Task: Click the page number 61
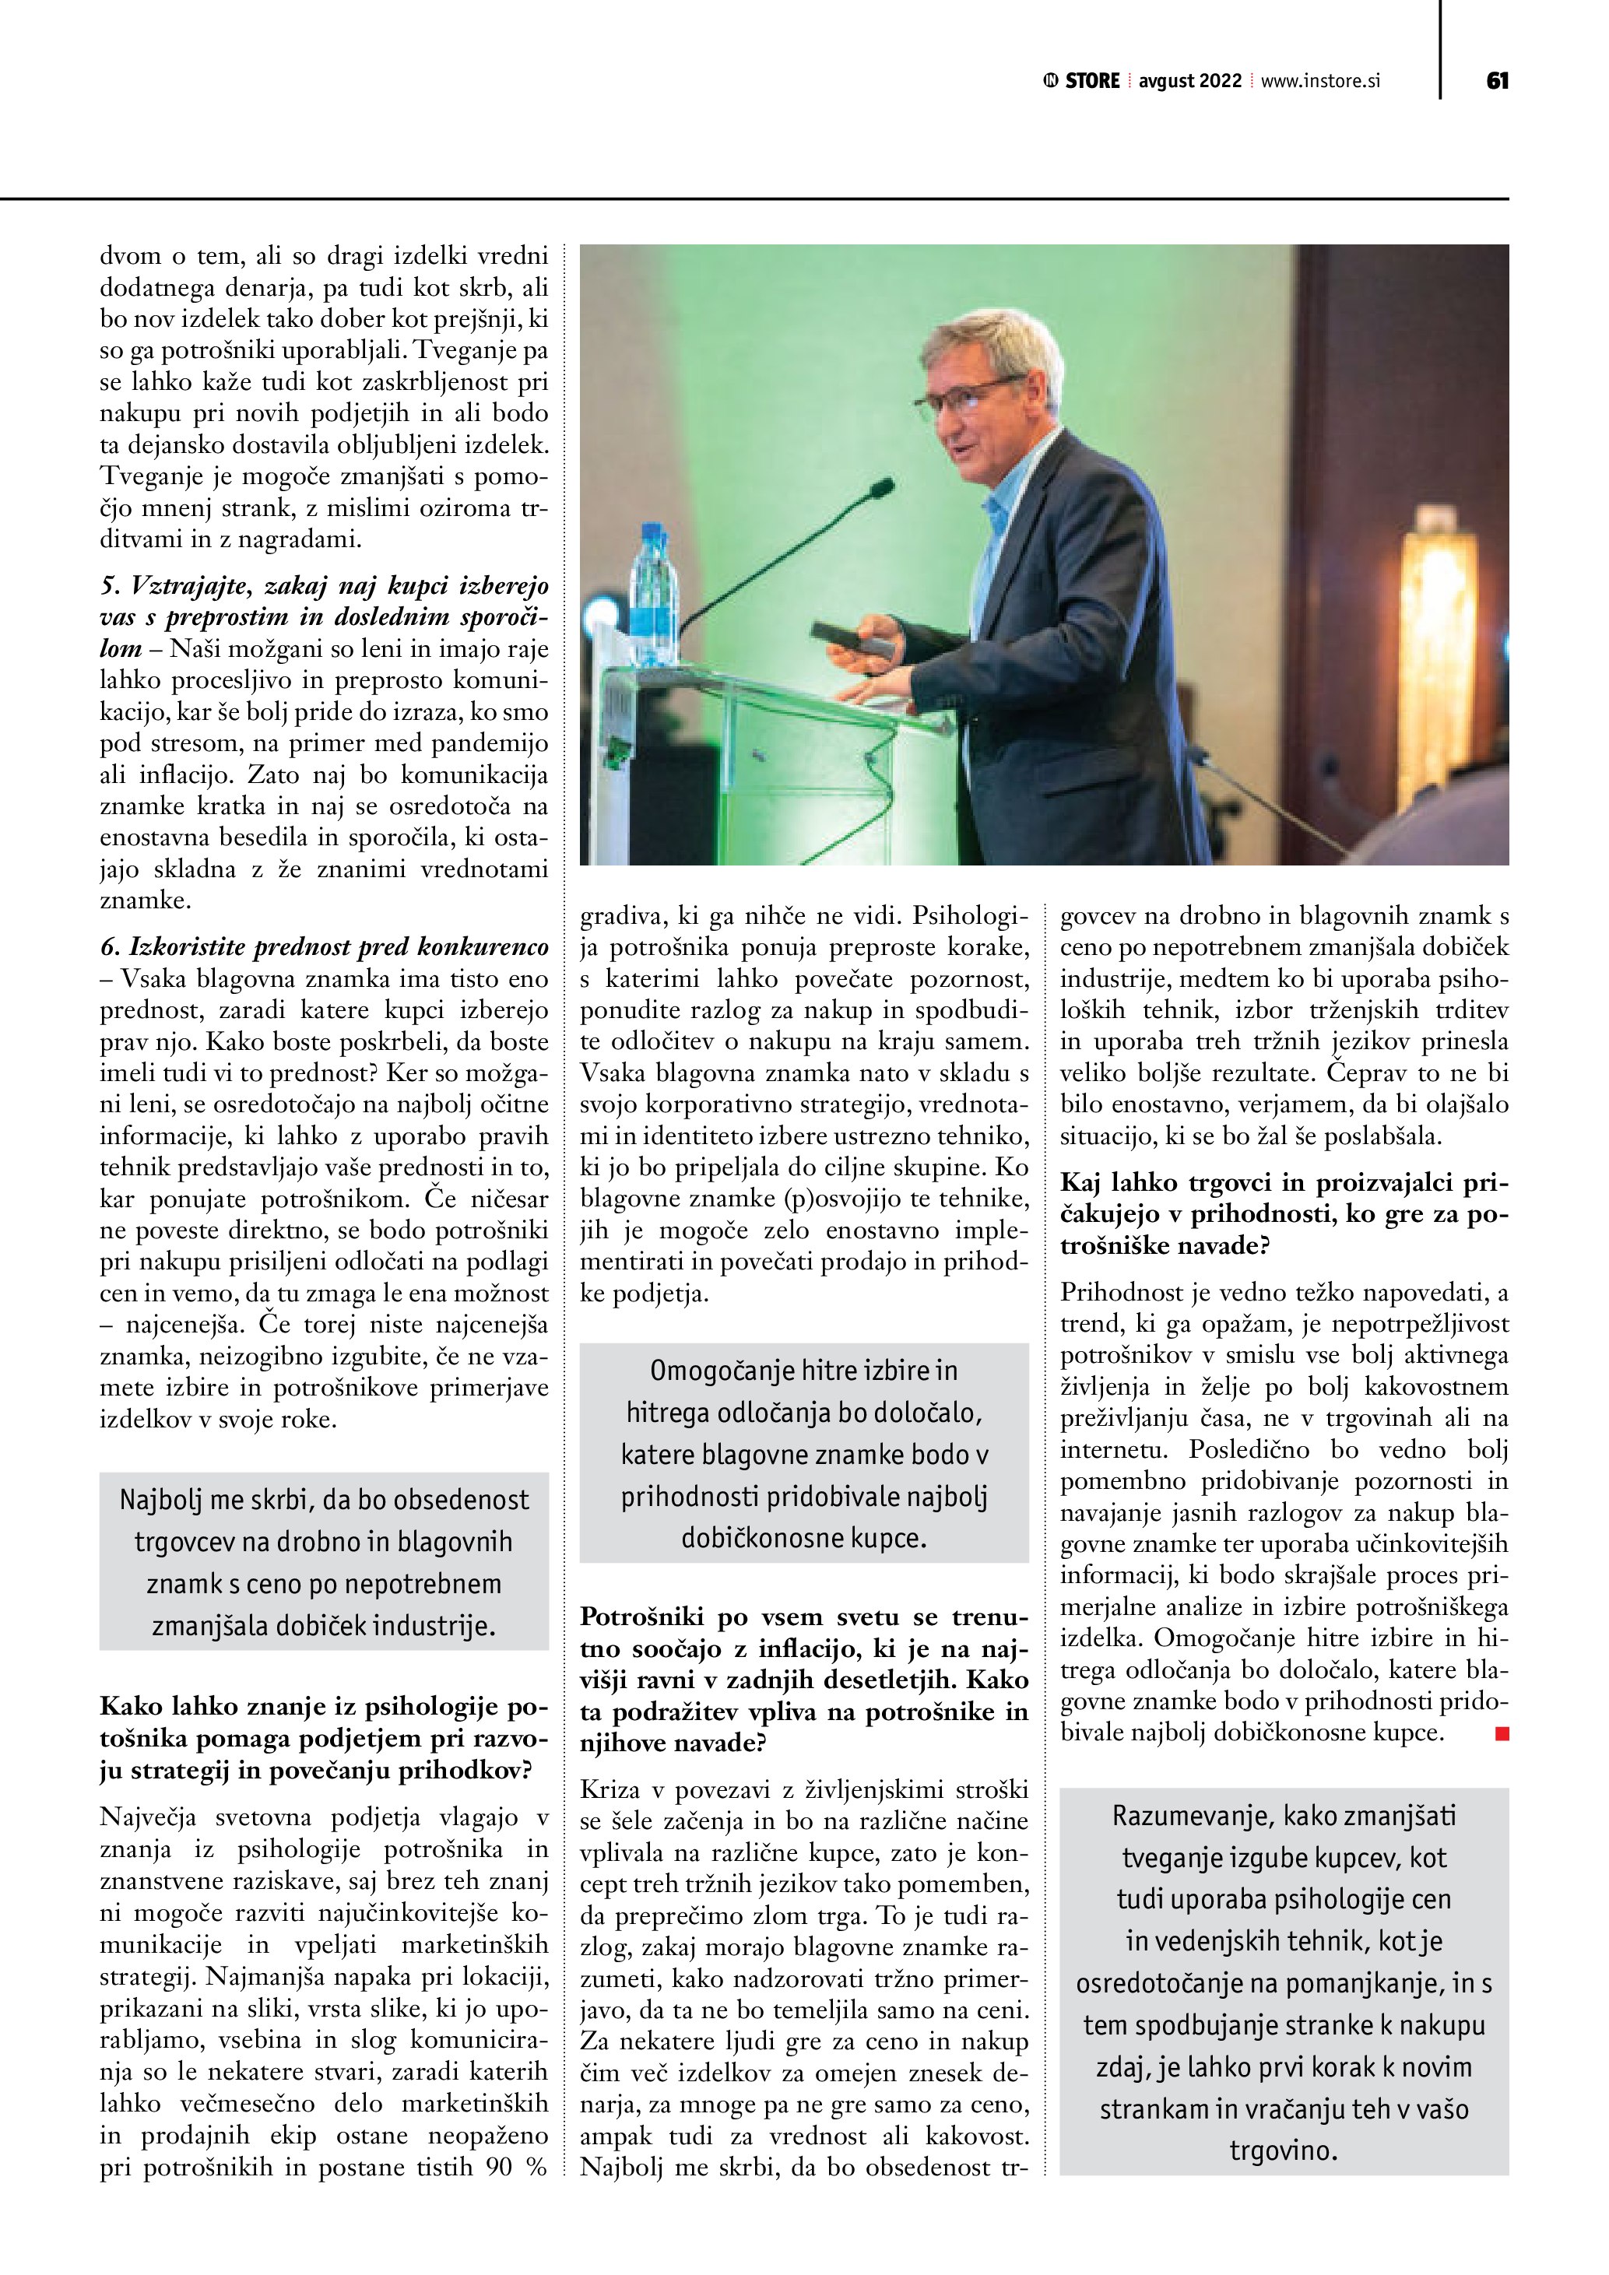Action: [x=1497, y=81]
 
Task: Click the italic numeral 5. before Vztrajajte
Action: [x=110, y=585]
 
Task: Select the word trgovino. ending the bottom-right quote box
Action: [x=1283, y=2151]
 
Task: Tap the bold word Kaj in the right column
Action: [x=1081, y=1183]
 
